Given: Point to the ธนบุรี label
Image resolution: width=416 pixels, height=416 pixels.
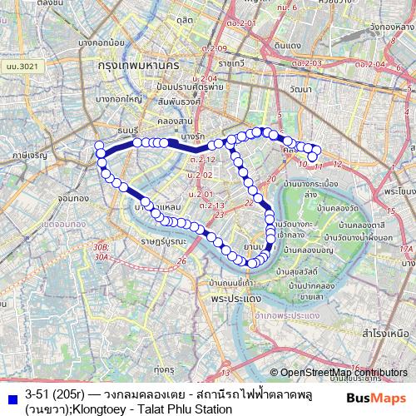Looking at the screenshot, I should (x=129, y=130).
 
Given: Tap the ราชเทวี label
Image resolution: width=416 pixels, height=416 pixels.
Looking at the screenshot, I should (x=230, y=62).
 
